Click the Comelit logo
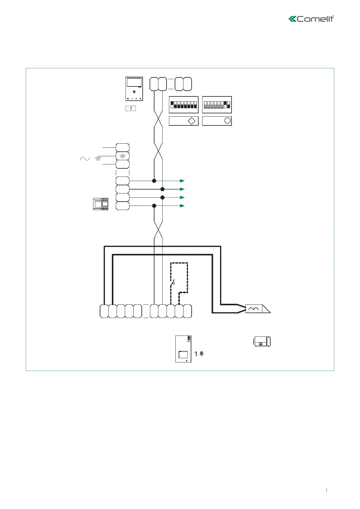pos(311,19)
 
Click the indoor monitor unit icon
pos(134,89)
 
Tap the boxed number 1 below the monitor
pos(131,108)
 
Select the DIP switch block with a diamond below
pos(183,105)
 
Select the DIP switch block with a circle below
pos(217,105)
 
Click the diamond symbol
pos(192,121)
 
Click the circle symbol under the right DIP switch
pos(227,121)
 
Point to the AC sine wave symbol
pos(85,159)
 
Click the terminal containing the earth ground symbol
pos(122,156)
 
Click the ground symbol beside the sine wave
pos(98,158)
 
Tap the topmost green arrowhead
pos(182,181)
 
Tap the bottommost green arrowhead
pos(182,206)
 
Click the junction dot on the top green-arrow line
pos(154,181)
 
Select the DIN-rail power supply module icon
pos(101,204)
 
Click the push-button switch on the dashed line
pos(172,284)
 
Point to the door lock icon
pos(262,342)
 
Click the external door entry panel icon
pos(183,349)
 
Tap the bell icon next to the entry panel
pos(202,354)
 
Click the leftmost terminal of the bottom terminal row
pos(104,311)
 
